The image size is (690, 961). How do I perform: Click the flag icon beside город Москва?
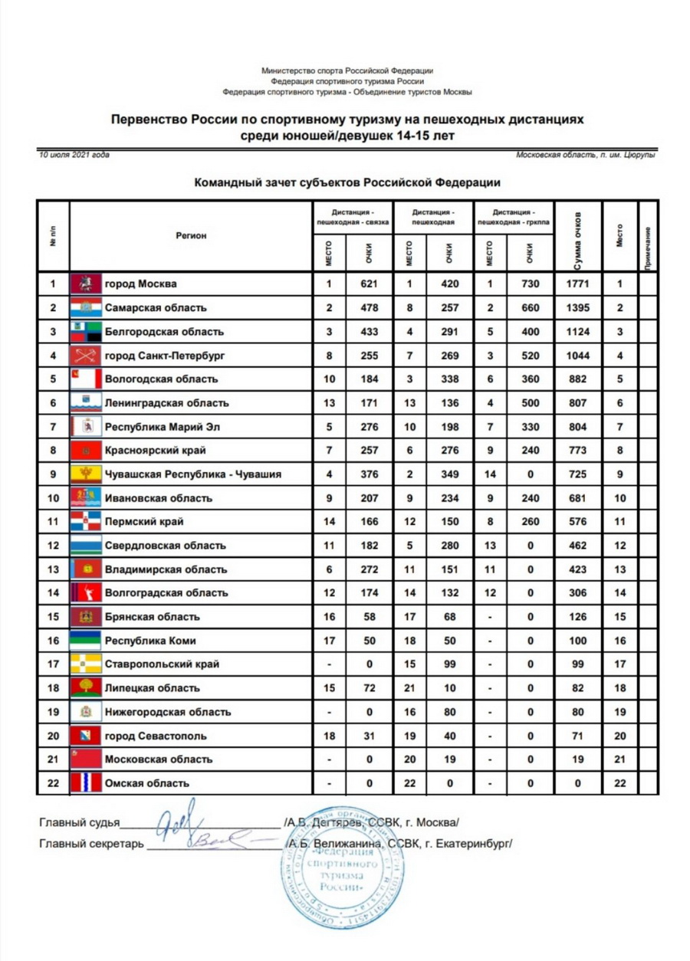pos(86,284)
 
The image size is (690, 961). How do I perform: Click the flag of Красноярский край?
pos(86,451)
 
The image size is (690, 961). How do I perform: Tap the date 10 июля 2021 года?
pos(74,155)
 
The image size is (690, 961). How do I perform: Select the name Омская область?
pos(146,783)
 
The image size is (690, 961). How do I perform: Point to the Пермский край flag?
pos(86,522)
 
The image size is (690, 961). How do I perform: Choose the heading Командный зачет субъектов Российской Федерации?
pos(347,183)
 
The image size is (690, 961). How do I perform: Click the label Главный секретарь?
pos(91,845)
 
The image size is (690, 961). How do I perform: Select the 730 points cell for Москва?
pos(529,284)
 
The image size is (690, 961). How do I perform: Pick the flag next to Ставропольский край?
pos(86,664)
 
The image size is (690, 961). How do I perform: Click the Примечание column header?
pos(648,236)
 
